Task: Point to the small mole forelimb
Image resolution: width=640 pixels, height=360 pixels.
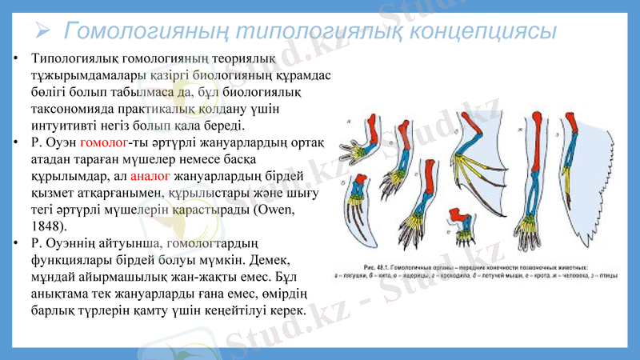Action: [x=463, y=225]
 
